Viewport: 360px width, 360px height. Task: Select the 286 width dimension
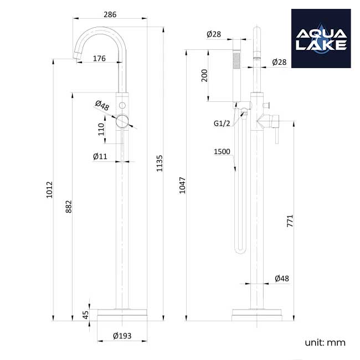tap(110, 15)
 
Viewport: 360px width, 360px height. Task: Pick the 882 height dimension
tap(69, 206)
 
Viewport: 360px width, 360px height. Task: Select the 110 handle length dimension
tap(101, 129)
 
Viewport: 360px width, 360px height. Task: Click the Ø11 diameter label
tap(100, 157)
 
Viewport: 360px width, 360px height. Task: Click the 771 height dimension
tap(289, 220)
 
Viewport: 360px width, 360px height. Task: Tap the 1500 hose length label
tap(222, 151)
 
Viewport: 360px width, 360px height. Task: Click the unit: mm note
tap(325, 342)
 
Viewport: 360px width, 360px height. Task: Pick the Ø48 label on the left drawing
tap(101, 104)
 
